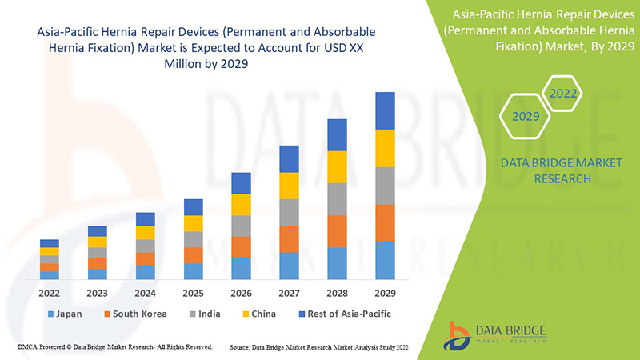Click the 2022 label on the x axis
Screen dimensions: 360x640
(50, 292)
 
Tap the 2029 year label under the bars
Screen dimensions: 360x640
(386, 292)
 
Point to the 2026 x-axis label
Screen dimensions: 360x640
(242, 292)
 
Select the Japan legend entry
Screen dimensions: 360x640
(67, 314)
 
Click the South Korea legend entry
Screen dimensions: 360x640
(134, 314)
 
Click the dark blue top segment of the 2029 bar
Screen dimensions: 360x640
(386, 110)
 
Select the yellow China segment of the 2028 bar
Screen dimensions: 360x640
(338, 166)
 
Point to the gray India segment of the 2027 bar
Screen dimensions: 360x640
(290, 212)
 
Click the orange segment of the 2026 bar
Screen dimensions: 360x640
(242, 247)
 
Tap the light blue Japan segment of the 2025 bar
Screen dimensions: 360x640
(194, 271)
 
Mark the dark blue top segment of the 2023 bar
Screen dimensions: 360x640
(98, 231)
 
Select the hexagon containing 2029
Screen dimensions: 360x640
(526, 116)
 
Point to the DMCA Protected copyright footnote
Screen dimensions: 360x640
(114, 347)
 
